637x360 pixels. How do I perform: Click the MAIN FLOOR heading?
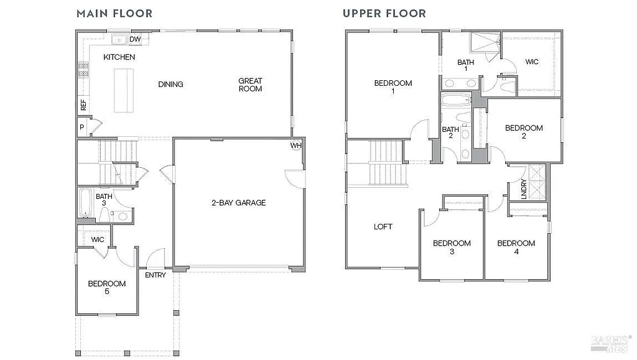coord(114,13)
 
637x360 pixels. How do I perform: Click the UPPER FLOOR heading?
coord(384,13)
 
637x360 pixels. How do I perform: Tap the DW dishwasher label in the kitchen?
coord(134,40)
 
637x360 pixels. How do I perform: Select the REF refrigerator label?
coord(83,105)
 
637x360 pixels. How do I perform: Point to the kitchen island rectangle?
coord(124,90)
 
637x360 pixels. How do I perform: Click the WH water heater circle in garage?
coord(295,146)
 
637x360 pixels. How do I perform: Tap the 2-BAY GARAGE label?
coord(238,202)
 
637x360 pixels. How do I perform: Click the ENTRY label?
coord(156,275)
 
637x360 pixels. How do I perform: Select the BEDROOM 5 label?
coord(106,287)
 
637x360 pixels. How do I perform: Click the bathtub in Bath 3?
coord(86,203)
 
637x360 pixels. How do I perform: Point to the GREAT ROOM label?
coord(250,85)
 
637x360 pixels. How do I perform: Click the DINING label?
coord(170,85)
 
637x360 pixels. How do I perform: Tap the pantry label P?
coord(81,127)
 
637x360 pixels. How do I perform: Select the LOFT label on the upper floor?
coord(383,227)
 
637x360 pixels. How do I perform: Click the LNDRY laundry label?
coord(524,188)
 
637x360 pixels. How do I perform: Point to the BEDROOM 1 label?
coord(393,87)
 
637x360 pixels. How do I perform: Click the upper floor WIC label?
coord(532,62)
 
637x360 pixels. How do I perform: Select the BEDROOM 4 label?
coord(516,247)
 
